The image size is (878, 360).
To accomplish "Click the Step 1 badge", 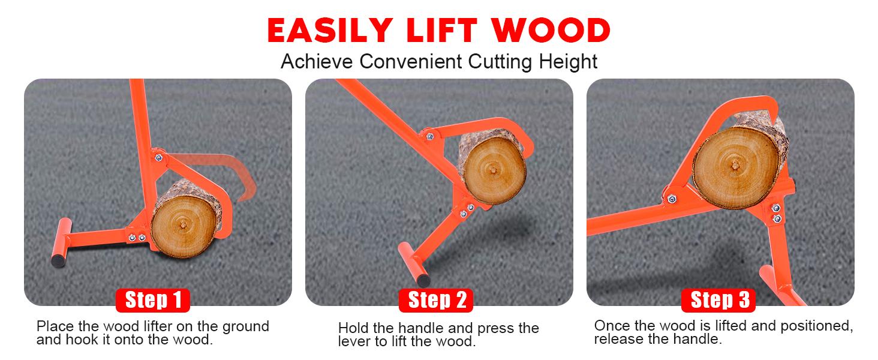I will (152, 300).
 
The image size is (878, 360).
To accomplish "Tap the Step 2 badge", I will (436, 300).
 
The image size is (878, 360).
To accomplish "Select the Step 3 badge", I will (719, 300).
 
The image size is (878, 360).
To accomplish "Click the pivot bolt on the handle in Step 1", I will (158, 158).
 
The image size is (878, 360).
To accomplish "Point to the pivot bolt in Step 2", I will (429, 136).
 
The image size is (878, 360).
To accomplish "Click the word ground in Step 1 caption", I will (246, 327).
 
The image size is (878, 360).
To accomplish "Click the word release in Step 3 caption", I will (617, 340).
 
